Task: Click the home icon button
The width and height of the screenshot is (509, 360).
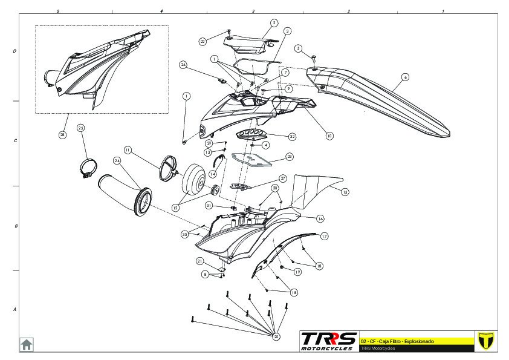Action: point(27,344)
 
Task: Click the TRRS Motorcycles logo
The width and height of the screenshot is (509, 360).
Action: point(329,341)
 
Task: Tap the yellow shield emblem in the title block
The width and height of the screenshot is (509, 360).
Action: point(485,341)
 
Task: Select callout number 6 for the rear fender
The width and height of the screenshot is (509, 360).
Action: point(405,77)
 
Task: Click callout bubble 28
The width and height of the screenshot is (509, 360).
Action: point(62,135)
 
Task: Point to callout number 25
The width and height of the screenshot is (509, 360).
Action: point(81,128)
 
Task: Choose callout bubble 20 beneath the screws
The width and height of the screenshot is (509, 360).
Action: point(277,336)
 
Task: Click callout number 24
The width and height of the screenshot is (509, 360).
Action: point(117,160)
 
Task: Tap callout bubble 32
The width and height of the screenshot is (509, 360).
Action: point(292,137)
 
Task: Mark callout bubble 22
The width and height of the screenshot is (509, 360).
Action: point(203,41)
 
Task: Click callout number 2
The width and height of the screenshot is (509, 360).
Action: point(274,22)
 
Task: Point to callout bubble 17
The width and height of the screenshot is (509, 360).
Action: point(324,236)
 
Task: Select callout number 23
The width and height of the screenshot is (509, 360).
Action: point(290,156)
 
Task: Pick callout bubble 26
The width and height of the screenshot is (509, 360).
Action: point(184,65)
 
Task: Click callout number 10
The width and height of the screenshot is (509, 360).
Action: point(329,136)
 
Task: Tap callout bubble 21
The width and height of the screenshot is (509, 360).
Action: point(199,261)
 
